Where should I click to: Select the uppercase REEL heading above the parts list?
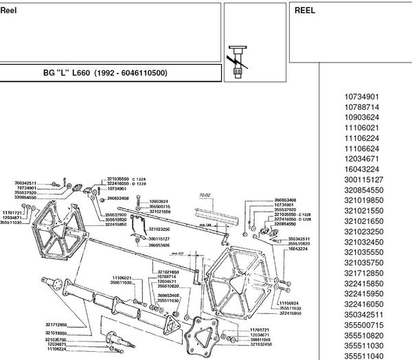click(x=305, y=11)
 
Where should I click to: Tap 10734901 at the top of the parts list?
click(x=361, y=98)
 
